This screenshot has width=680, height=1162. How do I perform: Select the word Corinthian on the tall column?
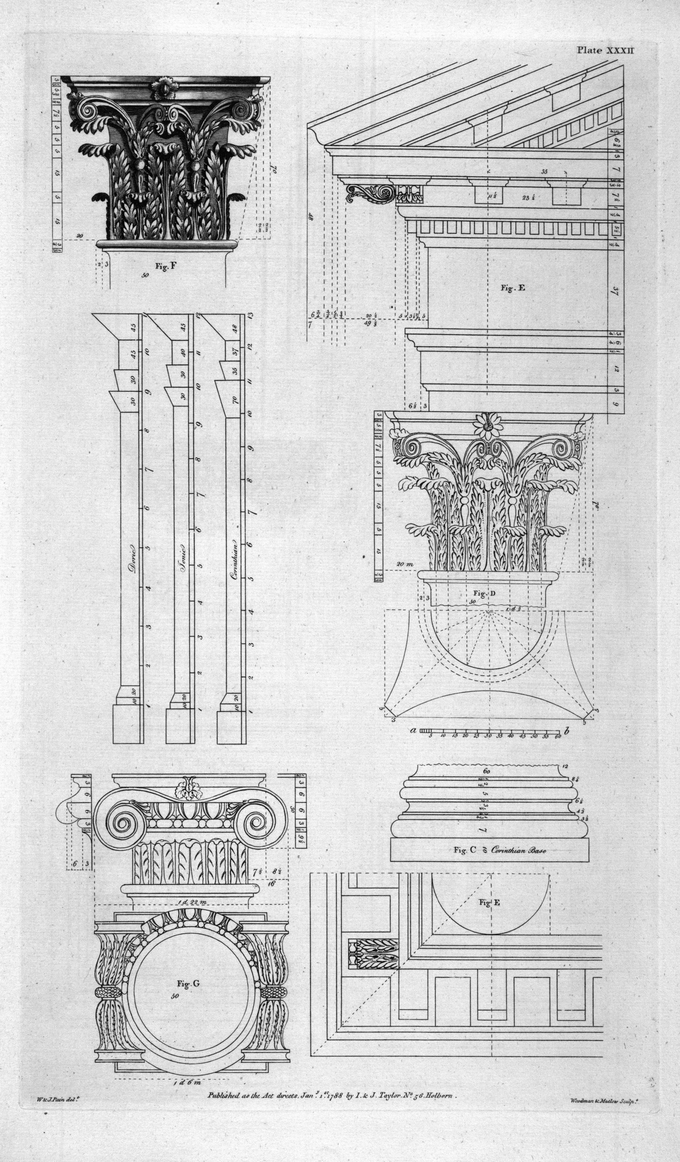tap(234, 559)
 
